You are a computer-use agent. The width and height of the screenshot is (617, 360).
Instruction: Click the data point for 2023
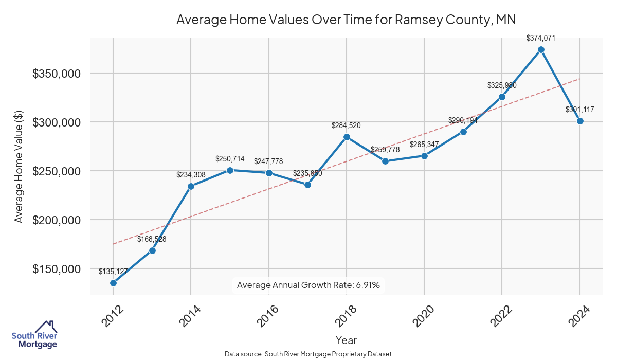[x=541, y=49]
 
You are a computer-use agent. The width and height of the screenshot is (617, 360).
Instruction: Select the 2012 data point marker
[x=113, y=283]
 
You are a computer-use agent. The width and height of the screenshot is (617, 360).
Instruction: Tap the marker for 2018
[x=347, y=137]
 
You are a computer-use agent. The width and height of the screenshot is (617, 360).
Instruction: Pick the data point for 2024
[x=580, y=121]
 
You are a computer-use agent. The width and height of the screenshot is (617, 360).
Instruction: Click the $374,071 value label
[x=541, y=38]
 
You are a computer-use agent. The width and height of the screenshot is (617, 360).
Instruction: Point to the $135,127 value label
[x=113, y=271]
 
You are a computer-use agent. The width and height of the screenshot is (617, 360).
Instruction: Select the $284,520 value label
[x=347, y=125]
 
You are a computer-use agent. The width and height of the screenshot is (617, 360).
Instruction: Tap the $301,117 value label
[x=580, y=109]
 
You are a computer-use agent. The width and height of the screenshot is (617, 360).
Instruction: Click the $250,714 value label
[x=230, y=158]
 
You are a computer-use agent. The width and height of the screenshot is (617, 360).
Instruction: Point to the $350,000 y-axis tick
[x=57, y=74]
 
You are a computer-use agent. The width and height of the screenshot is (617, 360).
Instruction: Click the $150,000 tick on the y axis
[x=57, y=269]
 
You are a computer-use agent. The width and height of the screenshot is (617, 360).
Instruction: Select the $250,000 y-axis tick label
[x=57, y=171]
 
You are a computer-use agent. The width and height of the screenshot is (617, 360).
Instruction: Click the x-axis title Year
[x=346, y=340]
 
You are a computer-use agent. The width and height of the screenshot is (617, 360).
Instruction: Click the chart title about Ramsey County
[x=346, y=20]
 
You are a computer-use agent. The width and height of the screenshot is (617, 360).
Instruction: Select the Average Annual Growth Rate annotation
[x=308, y=285]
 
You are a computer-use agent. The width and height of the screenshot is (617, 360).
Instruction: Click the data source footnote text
[x=308, y=354]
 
